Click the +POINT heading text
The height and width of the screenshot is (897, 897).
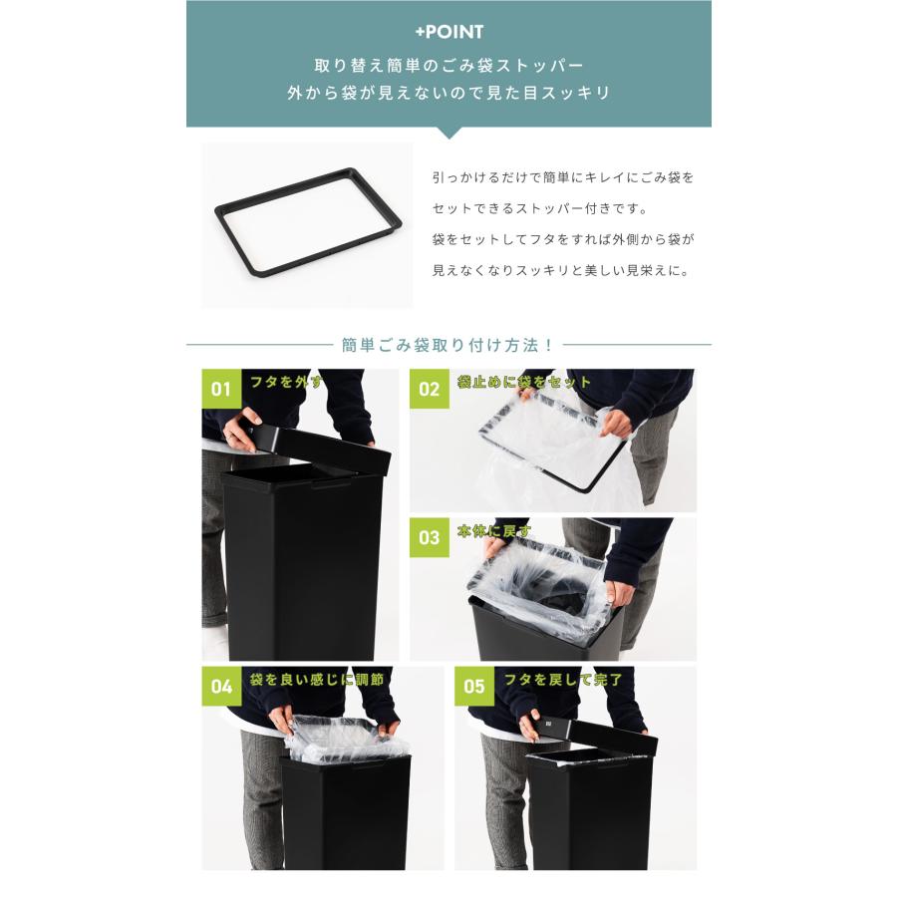[448, 32]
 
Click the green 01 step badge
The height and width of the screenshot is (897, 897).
[221, 389]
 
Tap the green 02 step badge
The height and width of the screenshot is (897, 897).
[429, 389]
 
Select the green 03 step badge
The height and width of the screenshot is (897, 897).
[429, 537]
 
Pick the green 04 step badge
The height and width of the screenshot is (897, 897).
[221, 686]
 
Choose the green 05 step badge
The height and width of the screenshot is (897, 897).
[473, 686]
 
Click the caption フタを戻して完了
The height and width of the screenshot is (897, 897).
[563, 680]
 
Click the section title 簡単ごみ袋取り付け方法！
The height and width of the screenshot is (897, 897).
[448, 345]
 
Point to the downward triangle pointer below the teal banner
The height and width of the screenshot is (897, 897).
[448, 133]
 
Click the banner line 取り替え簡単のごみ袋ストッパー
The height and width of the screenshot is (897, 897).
[448, 66]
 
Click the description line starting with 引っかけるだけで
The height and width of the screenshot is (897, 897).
[563, 177]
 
